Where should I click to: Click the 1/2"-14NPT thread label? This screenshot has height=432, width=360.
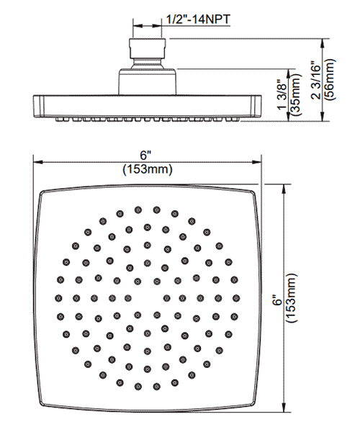pos(198,19)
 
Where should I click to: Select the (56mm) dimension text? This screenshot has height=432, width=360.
pos(329,79)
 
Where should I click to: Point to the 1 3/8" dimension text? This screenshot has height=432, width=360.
pos(283,94)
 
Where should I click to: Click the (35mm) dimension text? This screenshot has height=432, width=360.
pos(295,94)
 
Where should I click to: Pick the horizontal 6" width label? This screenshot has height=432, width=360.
pos(146,156)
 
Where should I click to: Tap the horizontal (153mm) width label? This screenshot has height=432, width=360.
pos(148,169)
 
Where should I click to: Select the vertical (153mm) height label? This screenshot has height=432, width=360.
pos(292,298)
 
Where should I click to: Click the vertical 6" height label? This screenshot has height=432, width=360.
pos(279,300)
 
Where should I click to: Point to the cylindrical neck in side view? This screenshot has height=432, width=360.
pos(148,82)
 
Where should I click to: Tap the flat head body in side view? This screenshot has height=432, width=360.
pos(148,107)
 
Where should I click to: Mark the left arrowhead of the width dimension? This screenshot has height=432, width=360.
pos(37,162)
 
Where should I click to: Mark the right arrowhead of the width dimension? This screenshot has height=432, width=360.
pos(256,162)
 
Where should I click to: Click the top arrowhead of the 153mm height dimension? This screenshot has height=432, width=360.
pos(284,189)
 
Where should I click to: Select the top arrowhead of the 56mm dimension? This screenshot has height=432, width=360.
pos(323,43)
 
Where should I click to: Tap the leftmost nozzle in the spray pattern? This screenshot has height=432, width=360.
pos(58,298)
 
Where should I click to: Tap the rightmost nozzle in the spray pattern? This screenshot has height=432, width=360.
pos(236,298)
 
